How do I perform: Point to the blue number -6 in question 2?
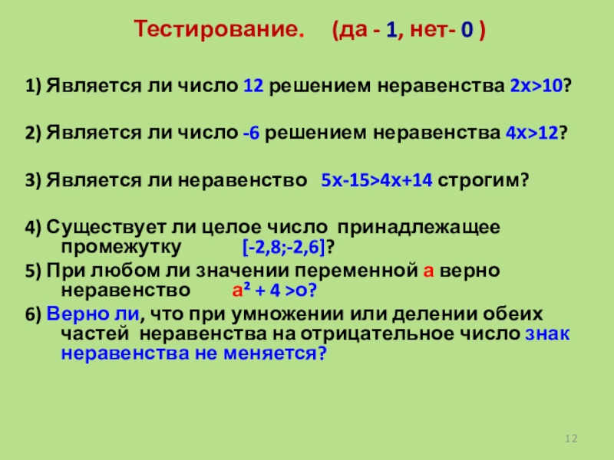251,132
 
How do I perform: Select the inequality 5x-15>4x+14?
376,181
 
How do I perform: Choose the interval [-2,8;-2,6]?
283,248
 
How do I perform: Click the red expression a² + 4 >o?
274,291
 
